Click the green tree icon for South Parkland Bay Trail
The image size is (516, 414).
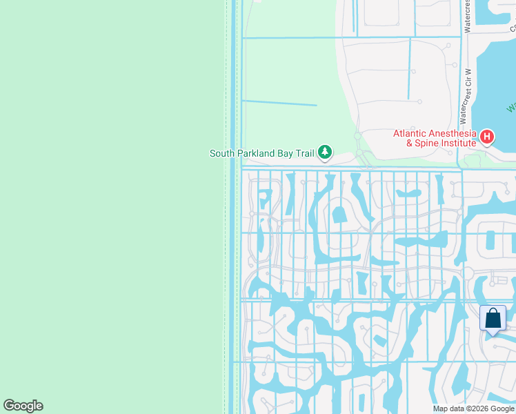324,152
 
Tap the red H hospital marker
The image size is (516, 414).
487,137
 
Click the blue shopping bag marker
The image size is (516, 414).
493,319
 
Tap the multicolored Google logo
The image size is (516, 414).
23,406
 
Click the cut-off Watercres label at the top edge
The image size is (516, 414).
467,16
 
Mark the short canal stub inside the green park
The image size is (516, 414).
279,103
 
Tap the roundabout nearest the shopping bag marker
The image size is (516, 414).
468,273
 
